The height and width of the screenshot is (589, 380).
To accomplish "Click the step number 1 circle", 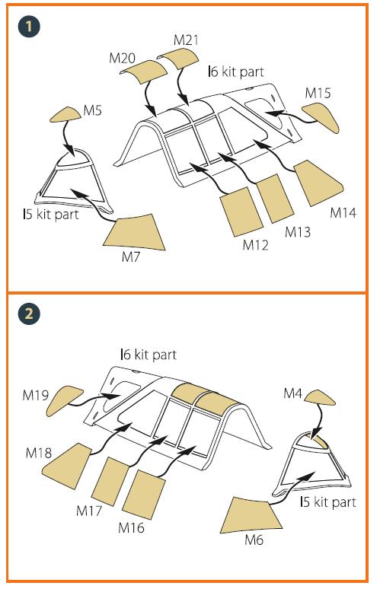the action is (x=29, y=27).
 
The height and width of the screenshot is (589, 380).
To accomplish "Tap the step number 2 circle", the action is (x=29, y=314).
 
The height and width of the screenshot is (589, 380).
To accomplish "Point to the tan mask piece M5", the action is (x=65, y=115).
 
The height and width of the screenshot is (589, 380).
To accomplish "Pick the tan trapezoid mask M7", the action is (x=136, y=233).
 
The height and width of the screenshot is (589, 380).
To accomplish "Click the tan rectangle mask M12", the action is (x=241, y=212).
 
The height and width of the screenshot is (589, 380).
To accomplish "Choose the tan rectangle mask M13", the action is (x=275, y=199).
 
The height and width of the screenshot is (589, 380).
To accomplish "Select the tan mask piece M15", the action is (x=321, y=116).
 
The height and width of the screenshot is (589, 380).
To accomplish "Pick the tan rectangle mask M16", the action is (x=144, y=495).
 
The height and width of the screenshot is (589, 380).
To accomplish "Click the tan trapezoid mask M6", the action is (x=251, y=515).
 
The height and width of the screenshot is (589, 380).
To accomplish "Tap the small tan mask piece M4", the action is (x=320, y=397).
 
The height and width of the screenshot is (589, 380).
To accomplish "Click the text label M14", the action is (x=343, y=213).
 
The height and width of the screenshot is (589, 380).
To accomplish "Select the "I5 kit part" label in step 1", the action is (x=51, y=215).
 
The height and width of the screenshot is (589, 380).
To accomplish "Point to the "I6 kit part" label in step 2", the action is (x=148, y=355).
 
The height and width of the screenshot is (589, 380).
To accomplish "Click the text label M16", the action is (x=131, y=528).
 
